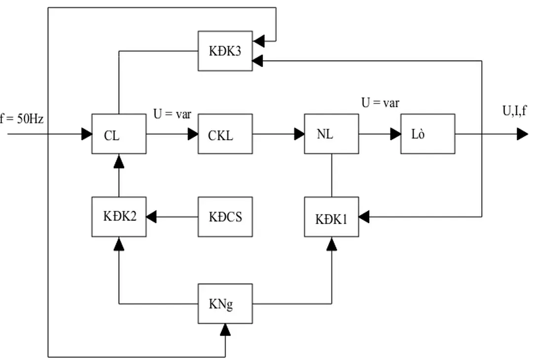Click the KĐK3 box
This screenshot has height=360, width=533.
pos(225,51)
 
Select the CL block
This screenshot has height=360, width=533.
pos(119,134)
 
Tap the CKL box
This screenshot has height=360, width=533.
pos(225,134)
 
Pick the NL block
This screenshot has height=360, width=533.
pos(331,134)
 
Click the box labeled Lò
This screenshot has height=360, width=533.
pos(427,134)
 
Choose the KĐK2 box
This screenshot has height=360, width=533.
pos(119,216)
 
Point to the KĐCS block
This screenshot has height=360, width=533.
pos(225,216)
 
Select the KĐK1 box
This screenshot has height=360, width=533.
pos(331,216)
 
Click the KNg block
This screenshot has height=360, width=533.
pos(225,303)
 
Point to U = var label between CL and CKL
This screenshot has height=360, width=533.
pos(172,115)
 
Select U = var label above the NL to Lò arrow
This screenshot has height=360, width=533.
pos(380,103)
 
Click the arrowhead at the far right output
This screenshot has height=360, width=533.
pos(522,134)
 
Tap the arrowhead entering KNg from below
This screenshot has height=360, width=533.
pos(225,329)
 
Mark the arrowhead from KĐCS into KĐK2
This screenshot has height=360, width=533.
pos(152,216)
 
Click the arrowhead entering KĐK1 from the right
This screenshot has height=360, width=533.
pos(365,216)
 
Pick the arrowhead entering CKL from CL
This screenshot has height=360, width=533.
pos(193,134)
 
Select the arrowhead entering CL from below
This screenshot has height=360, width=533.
pos(119,160)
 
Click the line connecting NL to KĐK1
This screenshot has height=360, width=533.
pos(331,175)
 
